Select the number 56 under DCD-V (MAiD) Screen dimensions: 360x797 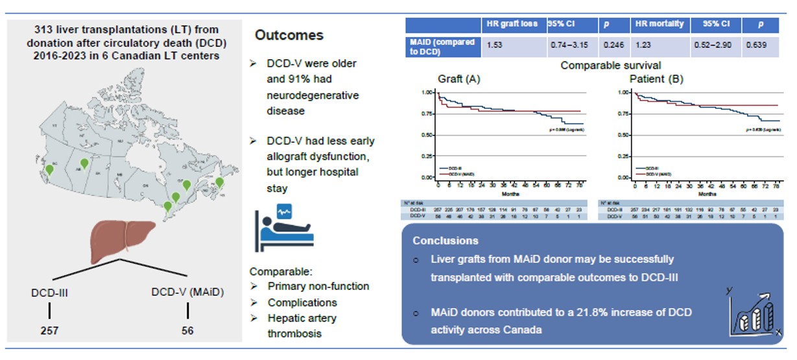188,330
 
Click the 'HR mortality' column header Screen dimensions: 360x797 658,24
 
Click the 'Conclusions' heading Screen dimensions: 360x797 446,240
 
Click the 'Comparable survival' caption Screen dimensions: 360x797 602,66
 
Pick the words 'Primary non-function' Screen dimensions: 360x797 318,286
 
